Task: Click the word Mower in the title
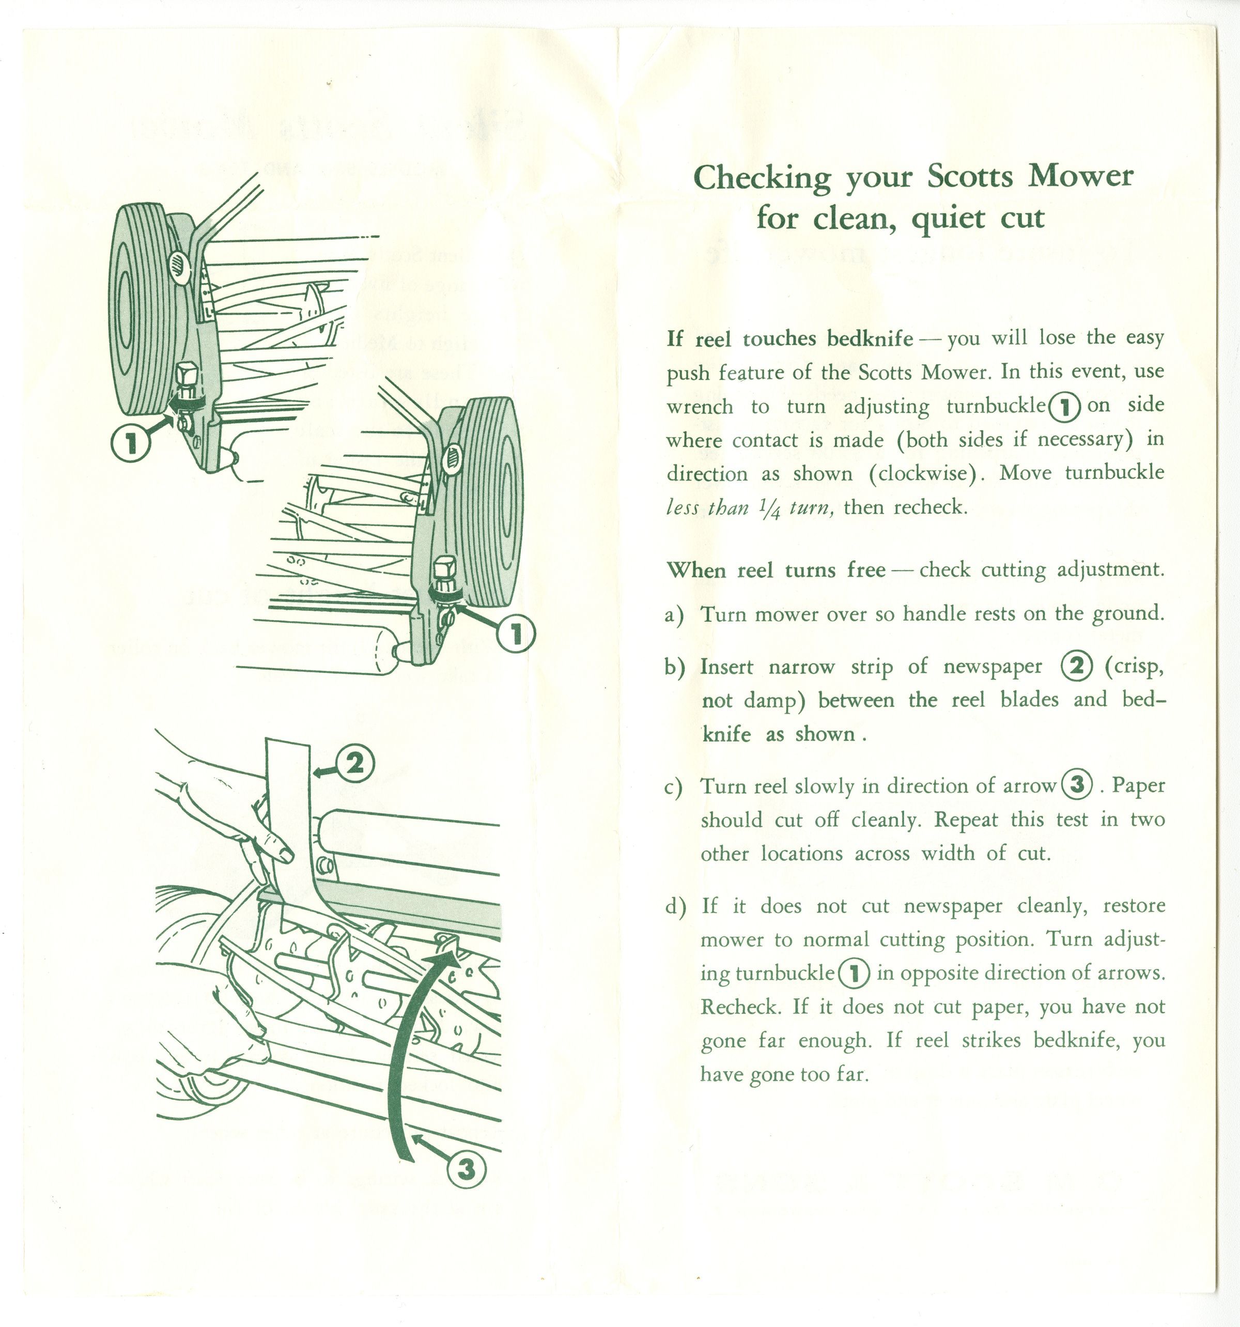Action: (1080, 176)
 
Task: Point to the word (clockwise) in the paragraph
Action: (927, 473)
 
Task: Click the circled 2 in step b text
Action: (1076, 666)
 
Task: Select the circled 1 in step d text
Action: (854, 973)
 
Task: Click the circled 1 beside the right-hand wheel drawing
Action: (516, 634)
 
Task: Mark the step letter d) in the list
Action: (675, 906)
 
